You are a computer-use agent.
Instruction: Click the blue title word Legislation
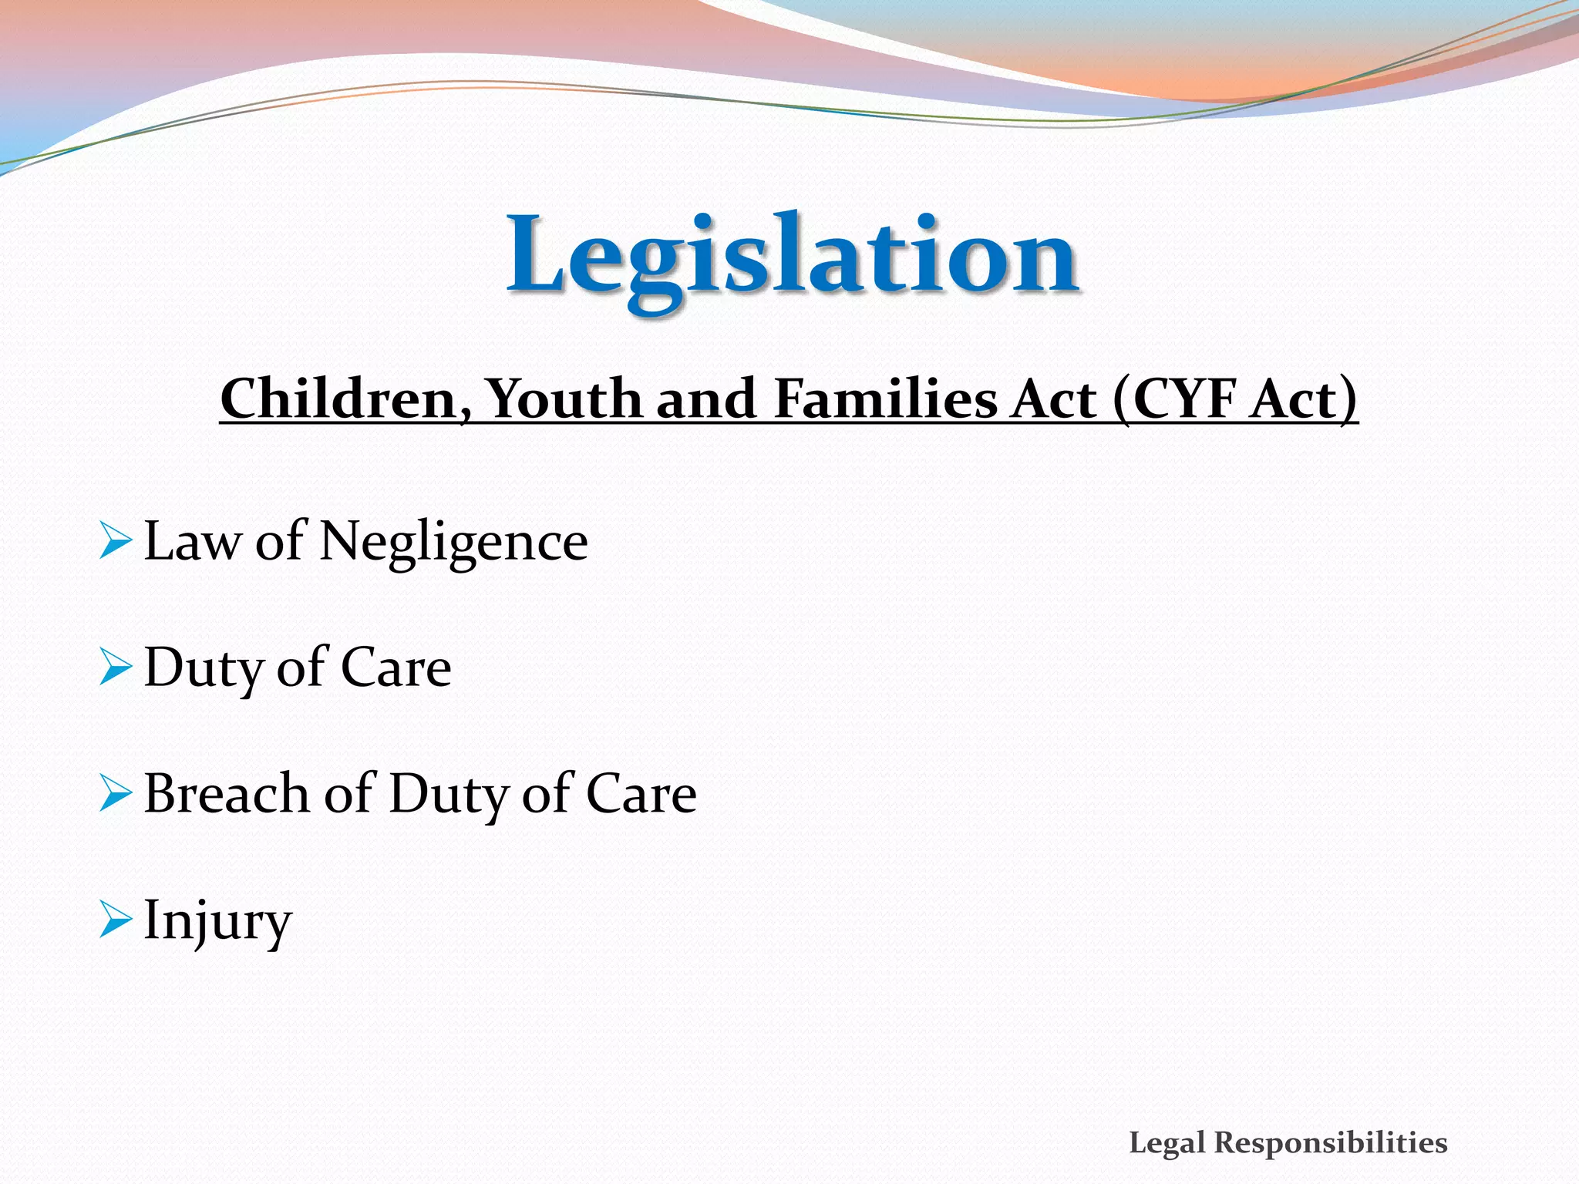coord(792,256)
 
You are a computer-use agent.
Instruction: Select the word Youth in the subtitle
coord(564,399)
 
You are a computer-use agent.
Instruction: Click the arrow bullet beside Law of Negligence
coord(116,540)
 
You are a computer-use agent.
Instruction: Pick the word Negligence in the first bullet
coord(453,542)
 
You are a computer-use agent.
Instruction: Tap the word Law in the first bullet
coord(193,541)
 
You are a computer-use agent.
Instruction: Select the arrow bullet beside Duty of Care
coord(116,667)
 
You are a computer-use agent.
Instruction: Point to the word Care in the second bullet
coord(396,668)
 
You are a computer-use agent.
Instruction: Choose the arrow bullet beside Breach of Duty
coord(116,793)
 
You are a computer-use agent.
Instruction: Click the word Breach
coord(227,794)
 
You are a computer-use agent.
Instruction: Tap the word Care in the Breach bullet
coord(641,794)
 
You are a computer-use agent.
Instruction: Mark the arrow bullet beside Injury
coord(116,920)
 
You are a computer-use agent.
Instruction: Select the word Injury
coord(218,921)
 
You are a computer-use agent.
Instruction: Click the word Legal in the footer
coord(1167,1143)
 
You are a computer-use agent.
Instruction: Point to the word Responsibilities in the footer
coord(1331,1143)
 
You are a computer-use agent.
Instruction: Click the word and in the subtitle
coord(706,399)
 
